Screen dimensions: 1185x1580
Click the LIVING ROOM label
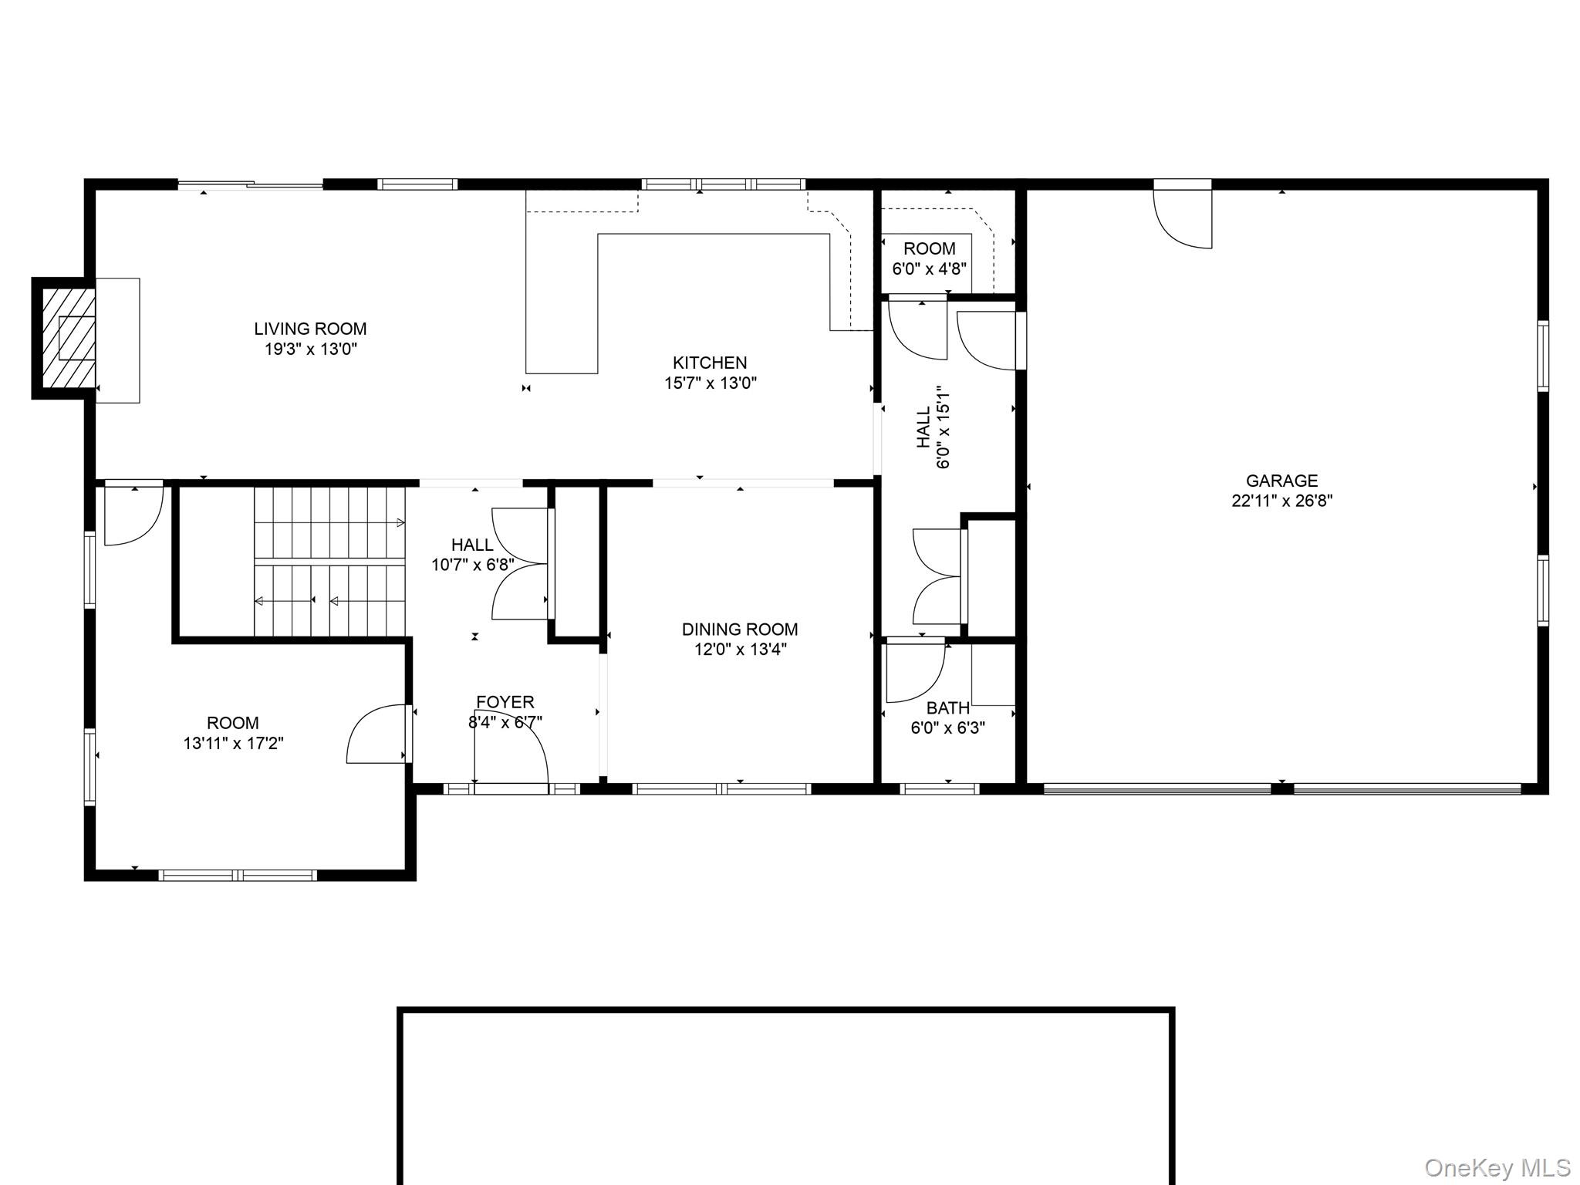pos(310,329)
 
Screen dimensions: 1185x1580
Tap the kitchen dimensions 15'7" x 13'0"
pos(711,383)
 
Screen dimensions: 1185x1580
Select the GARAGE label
pos(1281,481)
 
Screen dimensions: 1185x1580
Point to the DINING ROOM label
pos(739,630)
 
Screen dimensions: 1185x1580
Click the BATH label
pos(947,707)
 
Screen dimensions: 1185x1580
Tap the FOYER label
pos(505,702)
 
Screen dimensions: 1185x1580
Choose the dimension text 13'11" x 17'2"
pos(233,744)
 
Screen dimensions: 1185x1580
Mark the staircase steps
pos(330,562)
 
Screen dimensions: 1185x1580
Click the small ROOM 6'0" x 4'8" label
pos(929,249)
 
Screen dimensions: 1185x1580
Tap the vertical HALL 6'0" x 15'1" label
pos(933,427)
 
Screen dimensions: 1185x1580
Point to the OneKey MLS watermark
pos(1497,1167)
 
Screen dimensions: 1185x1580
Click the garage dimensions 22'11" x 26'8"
pos(1281,501)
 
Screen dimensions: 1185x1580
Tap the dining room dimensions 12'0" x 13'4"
pos(739,650)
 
